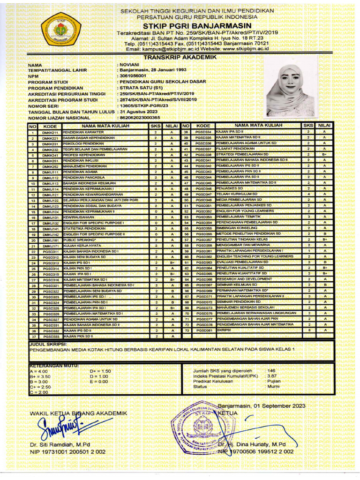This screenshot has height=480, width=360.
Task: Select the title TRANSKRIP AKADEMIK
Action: [x=180, y=57]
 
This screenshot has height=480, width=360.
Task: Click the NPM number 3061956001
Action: [x=133, y=75]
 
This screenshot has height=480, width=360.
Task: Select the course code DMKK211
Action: [x=50, y=133]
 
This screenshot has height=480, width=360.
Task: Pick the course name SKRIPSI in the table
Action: [x=224, y=330]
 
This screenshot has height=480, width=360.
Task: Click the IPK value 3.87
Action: [x=271, y=376]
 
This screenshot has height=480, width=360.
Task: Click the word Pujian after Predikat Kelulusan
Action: [x=274, y=382]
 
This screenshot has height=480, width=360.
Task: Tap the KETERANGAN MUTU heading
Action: [x=53, y=365]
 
